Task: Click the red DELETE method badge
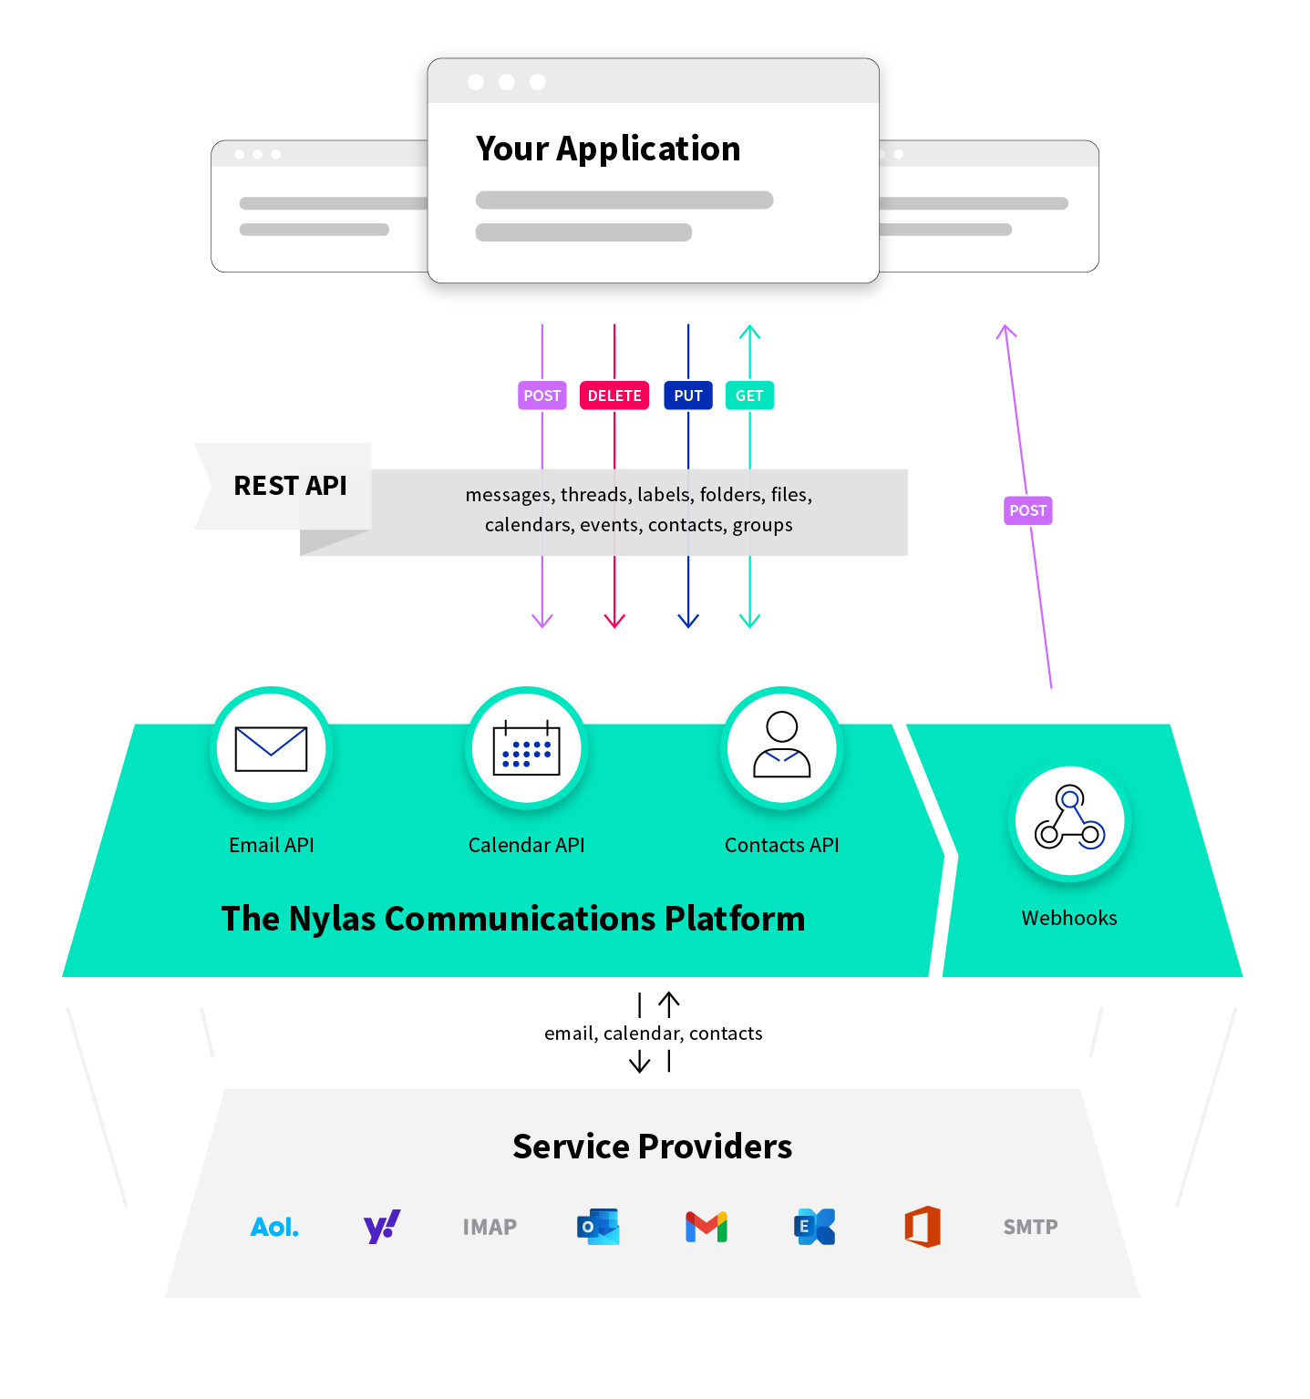614,396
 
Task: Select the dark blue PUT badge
688,396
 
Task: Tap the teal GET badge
749,396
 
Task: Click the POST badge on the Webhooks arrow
1027,510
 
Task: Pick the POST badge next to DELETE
542,396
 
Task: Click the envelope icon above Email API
271,748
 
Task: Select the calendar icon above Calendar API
526,748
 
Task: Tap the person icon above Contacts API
781,746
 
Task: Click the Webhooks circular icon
1069,819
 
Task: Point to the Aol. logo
274,1227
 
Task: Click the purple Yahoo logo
382,1227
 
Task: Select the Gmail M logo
707,1227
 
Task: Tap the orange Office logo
923,1227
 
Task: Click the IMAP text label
490,1227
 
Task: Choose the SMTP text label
1030,1227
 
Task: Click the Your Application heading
608,149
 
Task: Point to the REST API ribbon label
290,486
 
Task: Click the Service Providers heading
652,1147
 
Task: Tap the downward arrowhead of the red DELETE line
614,622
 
